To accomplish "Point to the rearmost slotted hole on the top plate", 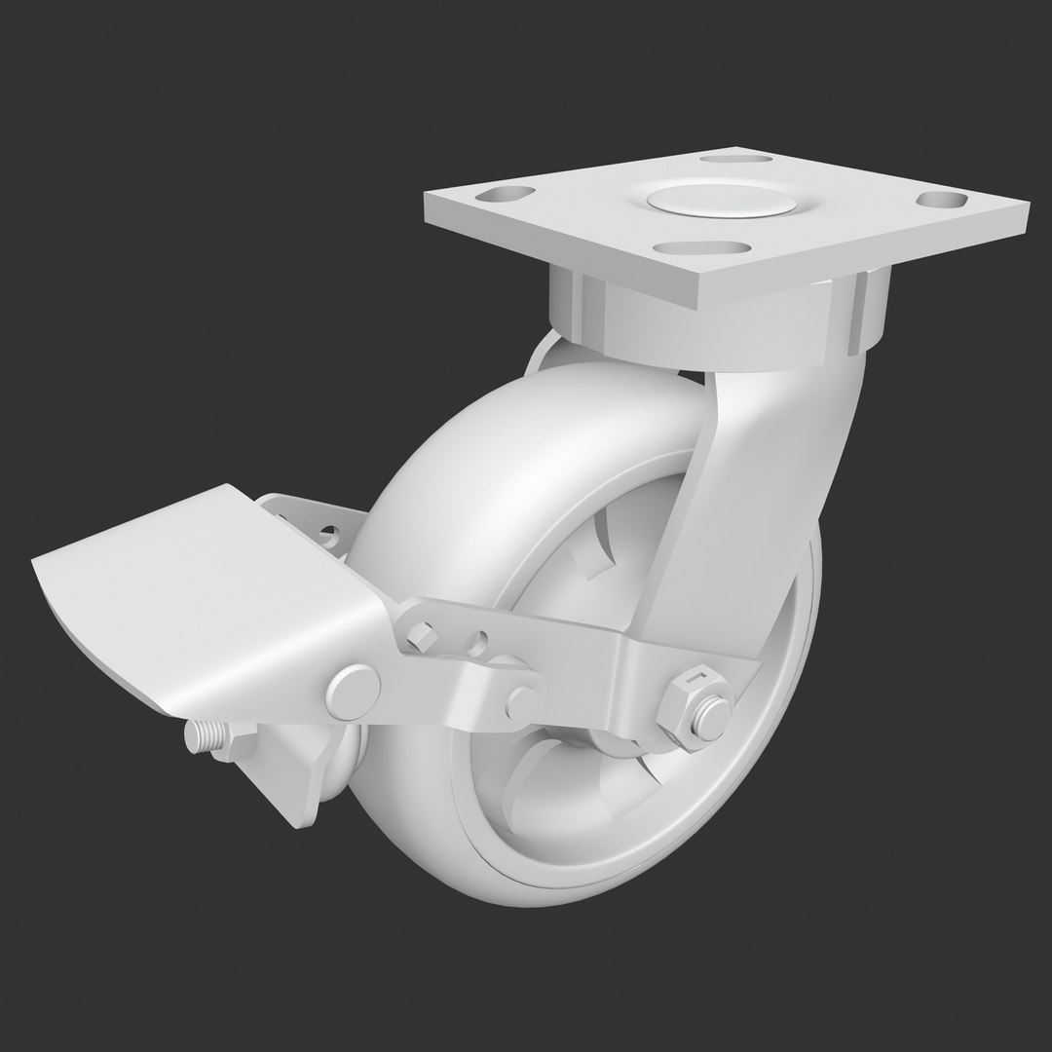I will pyautogui.click(x=744, y=158).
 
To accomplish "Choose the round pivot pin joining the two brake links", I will pyautogui.click(x=522, y=701).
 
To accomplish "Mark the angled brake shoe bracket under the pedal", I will pyautogui.click(x=292, y=770).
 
